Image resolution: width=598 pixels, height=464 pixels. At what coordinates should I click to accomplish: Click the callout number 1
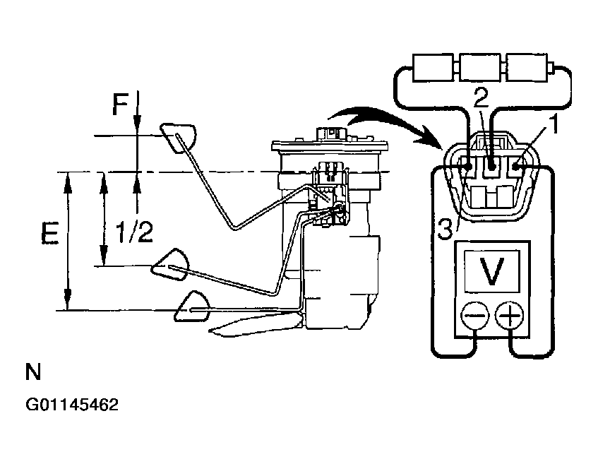click(x=554, y=125)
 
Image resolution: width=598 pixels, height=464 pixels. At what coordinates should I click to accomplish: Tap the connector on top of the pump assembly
click(x=332, y=133)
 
